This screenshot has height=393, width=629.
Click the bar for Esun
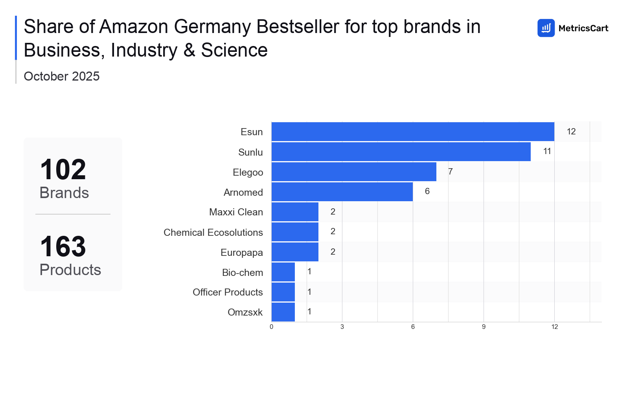pyautogui.click(x=413, y=132)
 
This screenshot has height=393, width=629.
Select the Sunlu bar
pyautogui.click(x=401, y=152)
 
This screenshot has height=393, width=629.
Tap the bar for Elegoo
pyautogui.click(x=354, y=172)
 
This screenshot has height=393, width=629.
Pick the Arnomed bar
pyautogui.click(x=342, y=192)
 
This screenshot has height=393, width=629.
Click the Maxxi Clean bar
pyautogui.click(x=295, y=212)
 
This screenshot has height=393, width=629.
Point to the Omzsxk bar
pyautogui.click(x=283, y=312)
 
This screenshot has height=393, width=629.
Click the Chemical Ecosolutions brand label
pyautogui.click(x=213, y=232)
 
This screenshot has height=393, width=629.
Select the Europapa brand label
pyautogui.click(x=241, y=252)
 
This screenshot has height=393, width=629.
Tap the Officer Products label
pyautogui.click(x=228, y=292)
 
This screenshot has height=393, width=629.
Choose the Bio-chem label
pyautogui.click(x=242, y=272)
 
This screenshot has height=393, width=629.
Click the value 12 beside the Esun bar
pyautogui.click(x=571, y=132)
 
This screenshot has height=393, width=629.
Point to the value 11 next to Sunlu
pyautogui.click(x=547, y=151)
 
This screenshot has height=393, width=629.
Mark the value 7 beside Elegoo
pyautogui.click(x=451, y=172)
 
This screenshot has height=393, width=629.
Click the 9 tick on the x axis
pyautogui.click(x=484, y=327)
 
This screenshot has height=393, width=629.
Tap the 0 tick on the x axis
pyautogui.click(x=271, y=327)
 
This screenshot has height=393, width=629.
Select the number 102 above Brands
pyautogui.click(x=63, y=170)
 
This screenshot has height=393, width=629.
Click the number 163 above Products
pyautogui.click(x=63, y=247)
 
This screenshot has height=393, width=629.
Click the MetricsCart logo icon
pyautogui.click(x=546, y=28)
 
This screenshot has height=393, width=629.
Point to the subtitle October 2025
pyautogui.click(x=62, y=76)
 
